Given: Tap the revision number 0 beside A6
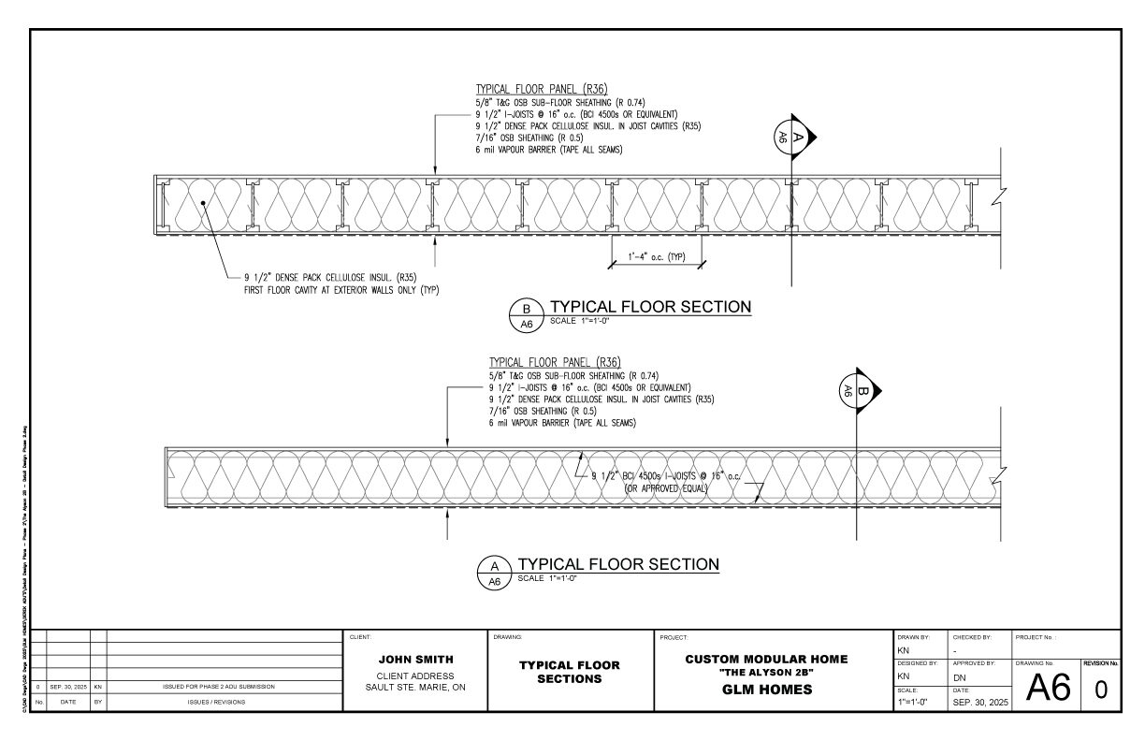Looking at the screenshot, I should tap(1101, 690).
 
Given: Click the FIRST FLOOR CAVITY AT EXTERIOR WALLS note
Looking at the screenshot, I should tap(341, 290).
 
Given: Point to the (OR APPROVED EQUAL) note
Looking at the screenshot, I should tap(667, 488).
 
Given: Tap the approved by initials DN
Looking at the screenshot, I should tap(959, 676).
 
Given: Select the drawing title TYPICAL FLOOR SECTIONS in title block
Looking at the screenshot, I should tap(570, 672).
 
